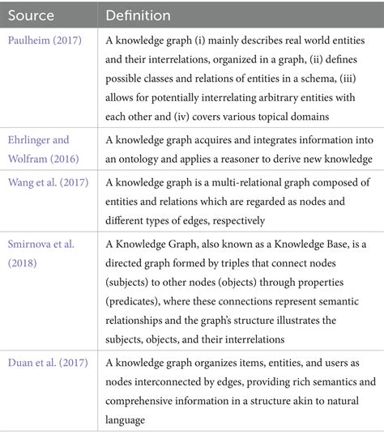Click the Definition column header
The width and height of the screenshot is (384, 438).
139,15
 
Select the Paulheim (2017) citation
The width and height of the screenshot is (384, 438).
45,40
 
